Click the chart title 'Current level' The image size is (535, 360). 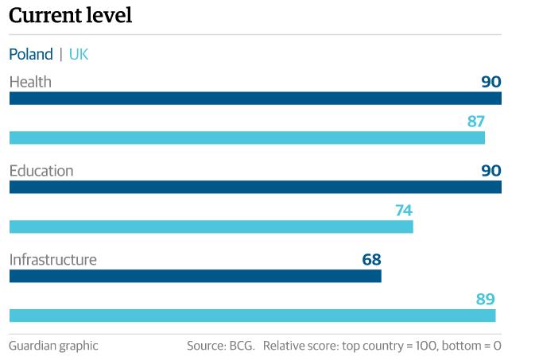tap(71, 15)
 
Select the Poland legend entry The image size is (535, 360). tap(31, 54)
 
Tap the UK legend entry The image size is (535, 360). tap(79, 54)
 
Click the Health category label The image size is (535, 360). tap(30, 82)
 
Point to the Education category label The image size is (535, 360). tap(41, 171)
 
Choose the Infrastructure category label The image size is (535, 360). tap(52, 260)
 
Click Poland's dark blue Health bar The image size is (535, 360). tap(255, 99)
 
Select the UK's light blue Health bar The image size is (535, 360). tap(246, 137)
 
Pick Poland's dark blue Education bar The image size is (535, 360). tap(255, 188)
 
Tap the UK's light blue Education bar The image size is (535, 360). tap(211, 226)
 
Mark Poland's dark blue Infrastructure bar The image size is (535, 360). tap(195, 276)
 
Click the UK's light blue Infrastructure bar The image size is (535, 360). tap(252, 315)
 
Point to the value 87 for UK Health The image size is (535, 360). tap(476, 122)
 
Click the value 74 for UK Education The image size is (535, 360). tap(404, 211)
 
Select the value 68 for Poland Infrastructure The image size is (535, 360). tap(371, 260)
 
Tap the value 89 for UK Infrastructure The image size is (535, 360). tap(486, 300)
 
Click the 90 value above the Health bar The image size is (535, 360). tap(491, 82)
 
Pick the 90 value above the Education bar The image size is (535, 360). tap(491, 171)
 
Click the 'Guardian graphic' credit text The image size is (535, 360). tap(53, 346)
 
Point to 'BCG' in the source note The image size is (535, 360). tap(242, 346)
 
